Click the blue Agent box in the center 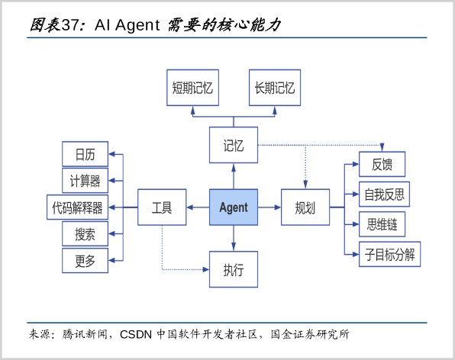(x=234, y=207)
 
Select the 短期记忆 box (x=192, y=88)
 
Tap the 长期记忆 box (x=275, y=88)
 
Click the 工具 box (x=162, y=207)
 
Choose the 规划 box (x=305, y=207)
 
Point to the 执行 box (x=234, y=269)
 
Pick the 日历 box (x=85, y=154)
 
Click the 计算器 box (x=85, y=181)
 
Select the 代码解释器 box (x=77, y=207)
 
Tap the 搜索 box (x=85, y=234)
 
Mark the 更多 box (x=85, y=261)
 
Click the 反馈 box (x=382, y=164)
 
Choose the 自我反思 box (x=385, y=194)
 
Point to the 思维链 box (x=382, y=224)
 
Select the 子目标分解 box (x=389, y=254)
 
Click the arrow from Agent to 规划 (x=269, y=207)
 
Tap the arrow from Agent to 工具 (x=198, y=207)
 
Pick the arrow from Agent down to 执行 (x=234, y=238)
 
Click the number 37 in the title (x=70, y=25)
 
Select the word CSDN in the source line (x=136, y=335)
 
